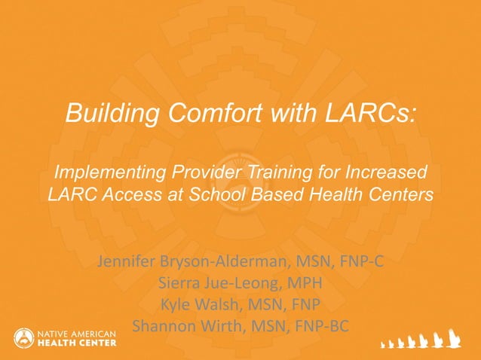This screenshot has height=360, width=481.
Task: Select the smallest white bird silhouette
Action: pos(382,345)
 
